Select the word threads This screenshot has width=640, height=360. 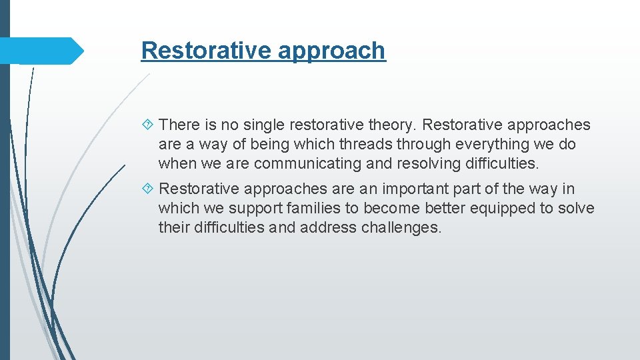(366, 144)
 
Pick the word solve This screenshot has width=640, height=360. (576, 209)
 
